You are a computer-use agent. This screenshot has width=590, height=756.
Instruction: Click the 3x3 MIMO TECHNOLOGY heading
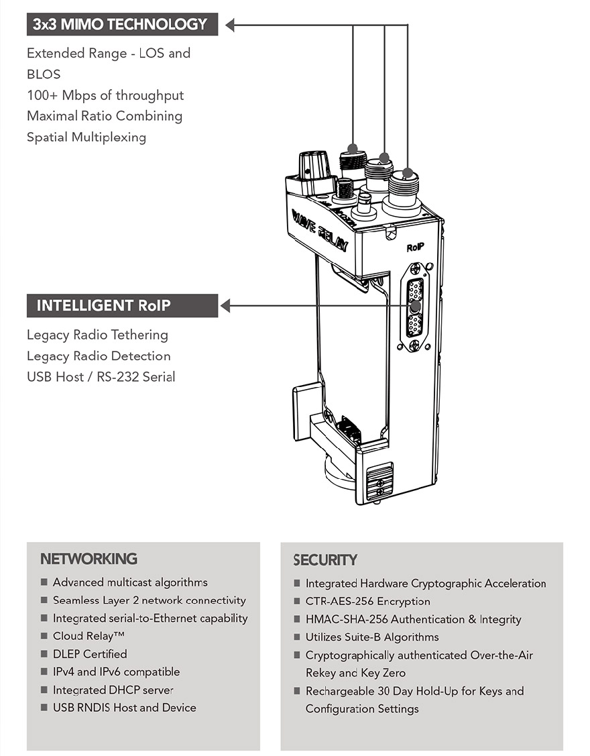(x=121, y=25)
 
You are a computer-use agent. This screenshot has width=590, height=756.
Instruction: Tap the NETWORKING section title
(x=88, y=559)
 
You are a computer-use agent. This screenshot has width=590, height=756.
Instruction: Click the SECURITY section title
(x=325, y=560)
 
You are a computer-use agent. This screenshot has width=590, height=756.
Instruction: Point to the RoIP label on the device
(x=416, y=248)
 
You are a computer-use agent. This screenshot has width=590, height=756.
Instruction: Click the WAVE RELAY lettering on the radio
(x=319, y=229)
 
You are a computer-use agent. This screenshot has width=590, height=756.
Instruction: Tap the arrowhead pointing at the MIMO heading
(x=230, y=25)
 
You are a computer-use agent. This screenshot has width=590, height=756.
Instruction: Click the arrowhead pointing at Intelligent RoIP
(x=225, y=306)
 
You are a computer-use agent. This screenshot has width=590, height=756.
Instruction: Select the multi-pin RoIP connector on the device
(x=415, y=308)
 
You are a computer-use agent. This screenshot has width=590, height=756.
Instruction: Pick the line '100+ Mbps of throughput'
(x=105, y=95)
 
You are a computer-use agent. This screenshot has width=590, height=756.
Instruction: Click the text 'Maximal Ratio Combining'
(x=105, y=116)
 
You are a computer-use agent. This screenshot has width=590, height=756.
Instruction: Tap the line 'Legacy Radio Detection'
(x=99, y=356)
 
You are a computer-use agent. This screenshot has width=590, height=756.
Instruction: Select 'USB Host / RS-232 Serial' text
(x=101, y=376)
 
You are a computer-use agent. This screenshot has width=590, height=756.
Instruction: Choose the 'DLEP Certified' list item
(x=90, y=654)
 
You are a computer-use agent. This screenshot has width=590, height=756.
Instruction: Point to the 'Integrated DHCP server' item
(x=113, y=690)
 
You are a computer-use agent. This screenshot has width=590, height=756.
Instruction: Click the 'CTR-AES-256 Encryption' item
(x=368, y=602)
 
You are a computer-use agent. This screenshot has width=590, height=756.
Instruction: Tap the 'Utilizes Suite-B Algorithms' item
(x=372, y=637)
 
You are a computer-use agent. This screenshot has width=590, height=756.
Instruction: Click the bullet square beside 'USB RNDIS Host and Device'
(x=44, y=708)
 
